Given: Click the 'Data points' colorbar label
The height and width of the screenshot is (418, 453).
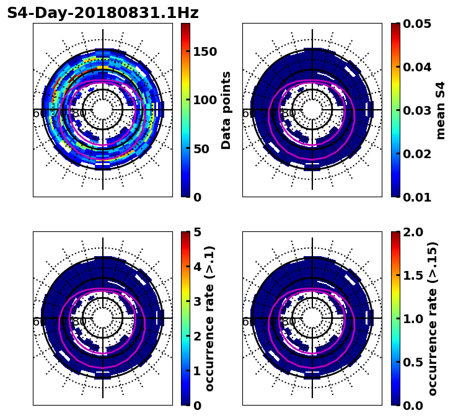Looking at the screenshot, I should click(x=226, y=110).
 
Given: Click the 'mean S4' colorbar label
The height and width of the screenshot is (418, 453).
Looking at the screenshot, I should click(x=441, y=110).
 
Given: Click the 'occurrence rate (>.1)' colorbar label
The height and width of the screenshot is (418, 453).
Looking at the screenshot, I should click(x=209, y=319).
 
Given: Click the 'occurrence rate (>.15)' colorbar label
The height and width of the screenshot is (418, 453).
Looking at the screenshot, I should click(x=433, y=319).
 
